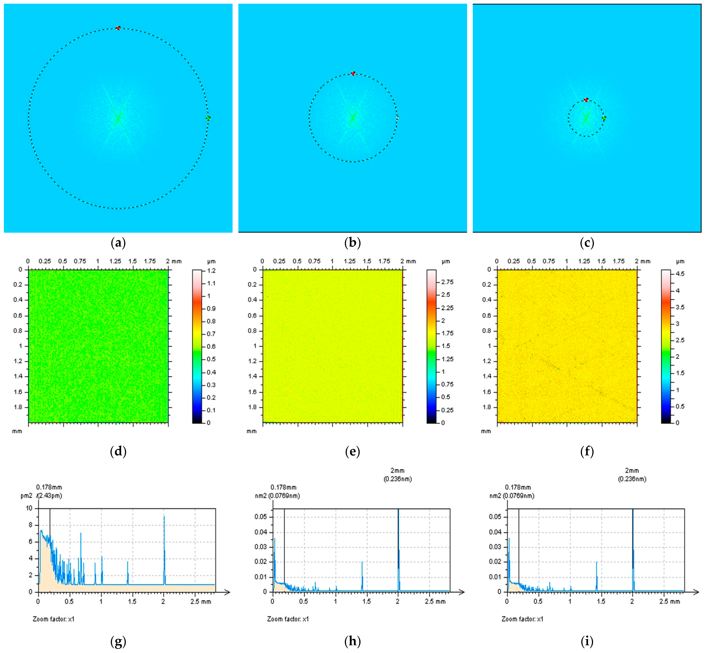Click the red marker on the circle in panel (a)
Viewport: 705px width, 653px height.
point(118,28)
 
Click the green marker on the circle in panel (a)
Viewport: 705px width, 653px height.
point(208,118)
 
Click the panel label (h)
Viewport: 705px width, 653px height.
point(353,641)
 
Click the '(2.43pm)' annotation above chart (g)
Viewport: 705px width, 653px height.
point(50,496)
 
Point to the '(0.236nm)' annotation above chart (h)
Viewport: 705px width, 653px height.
point(398,479)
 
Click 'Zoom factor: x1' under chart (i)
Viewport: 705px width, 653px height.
point(522,619)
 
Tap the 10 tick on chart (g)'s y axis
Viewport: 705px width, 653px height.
point(29,508)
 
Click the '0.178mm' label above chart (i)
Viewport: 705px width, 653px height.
point(518,487)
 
